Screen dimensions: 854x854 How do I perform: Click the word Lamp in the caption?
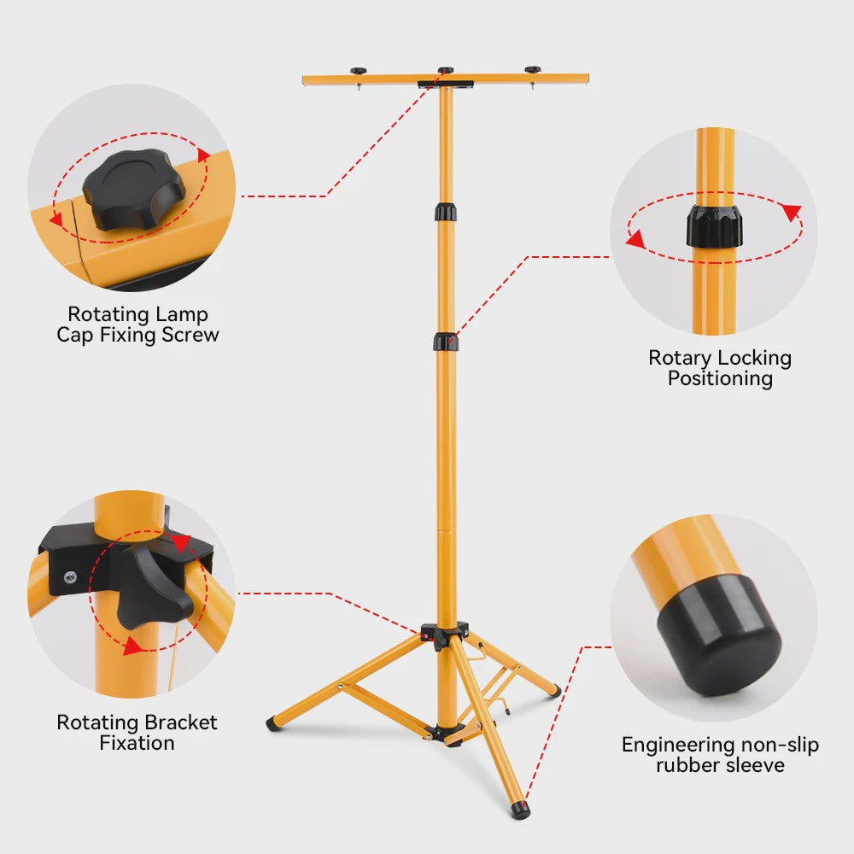click(181, 315)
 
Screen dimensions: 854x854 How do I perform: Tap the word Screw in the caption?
click(190, 335)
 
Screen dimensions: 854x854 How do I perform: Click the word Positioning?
click(720, 378)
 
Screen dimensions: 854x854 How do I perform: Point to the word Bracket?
click(178, 722)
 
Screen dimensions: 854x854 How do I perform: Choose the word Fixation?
click(137, 743)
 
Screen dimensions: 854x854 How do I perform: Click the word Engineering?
click(679, 746)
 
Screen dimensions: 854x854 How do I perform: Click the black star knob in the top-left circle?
click(134, 189)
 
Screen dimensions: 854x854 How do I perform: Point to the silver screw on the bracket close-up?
click(70, 576)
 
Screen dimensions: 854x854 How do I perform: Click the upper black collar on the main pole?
click(446, 212)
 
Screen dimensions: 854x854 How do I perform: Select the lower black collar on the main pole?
click(446, 342)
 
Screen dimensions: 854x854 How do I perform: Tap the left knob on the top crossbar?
click(359, 72)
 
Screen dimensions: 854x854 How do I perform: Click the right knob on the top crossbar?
click(532, 70)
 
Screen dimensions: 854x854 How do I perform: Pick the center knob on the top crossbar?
click(446, 70)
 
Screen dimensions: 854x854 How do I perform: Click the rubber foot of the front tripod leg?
click(521, 810)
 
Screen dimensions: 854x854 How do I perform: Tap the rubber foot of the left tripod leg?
click(274, 724)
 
